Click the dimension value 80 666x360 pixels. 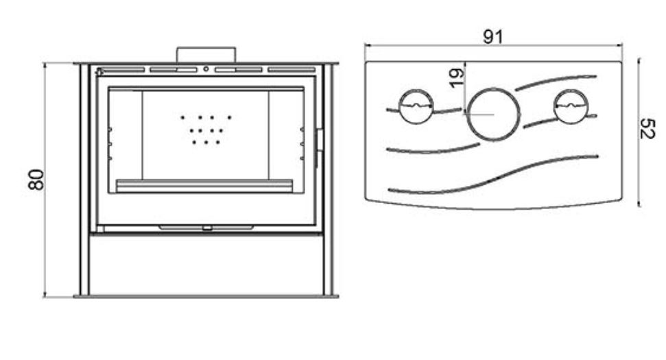coord(36,180)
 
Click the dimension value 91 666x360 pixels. coord(492,37)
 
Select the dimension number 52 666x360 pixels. coord(647,129)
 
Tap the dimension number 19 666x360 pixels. coord(457,78)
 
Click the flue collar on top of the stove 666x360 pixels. coord(206,55)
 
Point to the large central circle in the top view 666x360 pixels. coord(493,89)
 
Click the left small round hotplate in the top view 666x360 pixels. coord(416,91)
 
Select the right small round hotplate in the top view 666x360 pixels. coord(571,91)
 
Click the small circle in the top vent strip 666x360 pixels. coord(206,69)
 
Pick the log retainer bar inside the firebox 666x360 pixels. coord(204,186)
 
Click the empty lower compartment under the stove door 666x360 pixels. coord(206,265)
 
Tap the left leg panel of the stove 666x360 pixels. coord(84,180)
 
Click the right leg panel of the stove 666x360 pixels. coord(329,180)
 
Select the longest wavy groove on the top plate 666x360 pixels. coord(492,180)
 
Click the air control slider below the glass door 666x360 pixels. coord(206,228)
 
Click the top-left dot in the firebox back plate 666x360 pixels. coord(182,117)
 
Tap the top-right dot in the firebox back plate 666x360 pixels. coord(229,117)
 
